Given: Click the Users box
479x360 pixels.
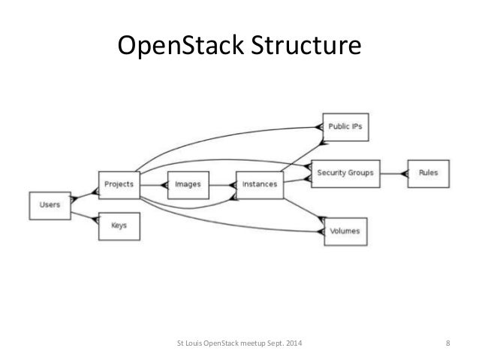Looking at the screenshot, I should pos(50,204).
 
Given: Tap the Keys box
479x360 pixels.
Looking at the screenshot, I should pos(119,225).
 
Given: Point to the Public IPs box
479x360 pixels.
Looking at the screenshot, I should pos(345,127).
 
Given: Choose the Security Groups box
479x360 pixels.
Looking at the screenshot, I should pos(345,172).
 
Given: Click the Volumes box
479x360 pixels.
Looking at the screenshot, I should pos(345,231).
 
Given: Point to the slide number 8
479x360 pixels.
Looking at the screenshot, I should pos(447,345).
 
